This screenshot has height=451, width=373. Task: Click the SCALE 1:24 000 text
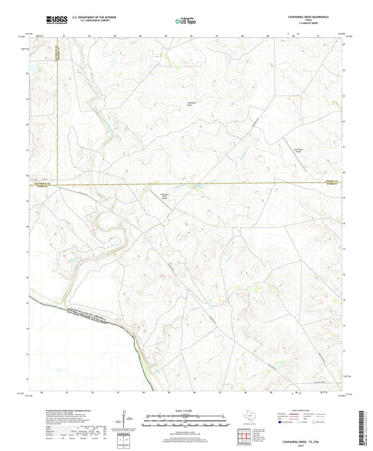pyautogui.click(x=185, y=411)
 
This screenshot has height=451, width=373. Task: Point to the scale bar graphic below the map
pyautogui.click(x=185, y=422)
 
